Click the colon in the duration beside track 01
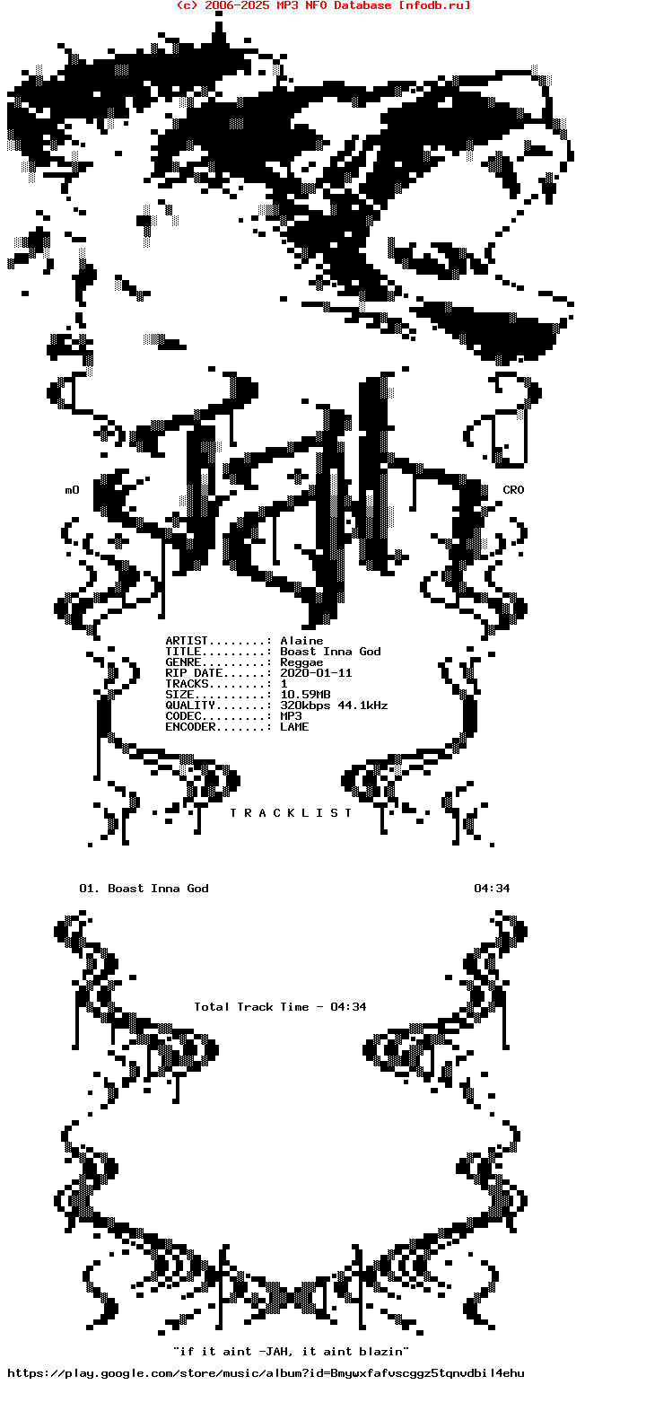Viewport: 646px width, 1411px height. point(492,889)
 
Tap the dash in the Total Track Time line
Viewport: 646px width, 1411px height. point(319,1007)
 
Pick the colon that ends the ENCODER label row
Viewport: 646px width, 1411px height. point(269,728)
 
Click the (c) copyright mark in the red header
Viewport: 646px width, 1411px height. point(187,5)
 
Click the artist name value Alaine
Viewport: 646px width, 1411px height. point(301,641)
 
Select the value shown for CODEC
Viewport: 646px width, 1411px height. point(291,716)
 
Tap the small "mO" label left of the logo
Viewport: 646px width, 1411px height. point(73,490)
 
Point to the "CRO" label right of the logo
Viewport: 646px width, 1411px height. point(513,490)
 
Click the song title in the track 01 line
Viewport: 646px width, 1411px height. point(158,889)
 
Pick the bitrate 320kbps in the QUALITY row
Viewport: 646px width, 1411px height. point(305,706)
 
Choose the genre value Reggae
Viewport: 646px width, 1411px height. point(301,663)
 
